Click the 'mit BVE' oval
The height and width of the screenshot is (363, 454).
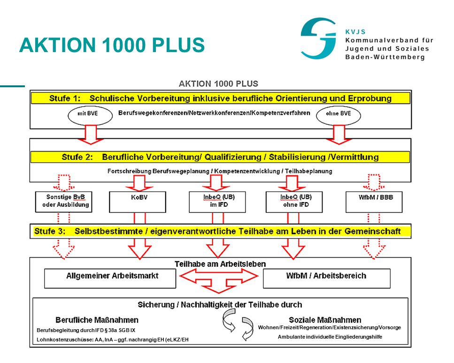pyautogui.click(x=90, y=115)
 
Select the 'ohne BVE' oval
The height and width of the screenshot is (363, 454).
pyautogui.click(x=338, y=115)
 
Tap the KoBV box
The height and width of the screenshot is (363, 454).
pyautogui.click(x=138, y=202)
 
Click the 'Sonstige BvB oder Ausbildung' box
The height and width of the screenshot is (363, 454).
pyautogui.click(x=64, y=202)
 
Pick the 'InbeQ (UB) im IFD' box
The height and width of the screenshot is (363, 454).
pyautogui.click(x=217, y=202)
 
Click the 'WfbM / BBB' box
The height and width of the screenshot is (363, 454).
pyautogui.click(x=374, y=202)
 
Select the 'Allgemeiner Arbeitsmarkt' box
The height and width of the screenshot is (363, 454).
pyautogui.click(x=110, y=278)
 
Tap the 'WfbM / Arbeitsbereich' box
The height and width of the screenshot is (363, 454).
pyautogui.click(x=327, y=278)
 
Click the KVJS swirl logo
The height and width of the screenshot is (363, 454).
pyautogui.click(x=318, y=38)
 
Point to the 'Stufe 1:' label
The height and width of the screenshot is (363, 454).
pyautogui.click(x=65, y=98)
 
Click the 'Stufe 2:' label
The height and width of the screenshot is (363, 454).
pyautogui.click(x=77, y=157)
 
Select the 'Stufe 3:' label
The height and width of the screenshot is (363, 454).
pyautogui.click(x=50, y=231)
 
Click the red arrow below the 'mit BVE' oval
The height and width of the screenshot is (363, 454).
pyautogui.click(x=91, y=135)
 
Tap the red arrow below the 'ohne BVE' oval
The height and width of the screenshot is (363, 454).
pyautogui.click(x=339, y=135)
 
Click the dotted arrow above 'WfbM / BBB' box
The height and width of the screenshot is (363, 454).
pyautogui.click(x=374, y=182)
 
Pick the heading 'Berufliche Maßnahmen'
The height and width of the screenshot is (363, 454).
pyautogui.click(x=97, y=320)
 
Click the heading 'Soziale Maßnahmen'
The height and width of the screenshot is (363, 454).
pyautogui.click(x=325, y=320)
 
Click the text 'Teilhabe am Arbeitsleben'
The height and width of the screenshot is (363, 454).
pyautogui.click(x=220, y=264)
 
